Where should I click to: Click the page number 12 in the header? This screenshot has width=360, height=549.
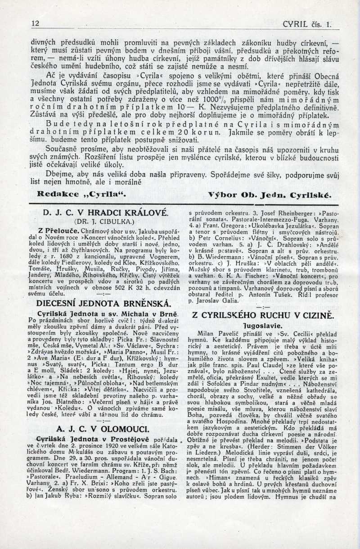(x=36, y=23)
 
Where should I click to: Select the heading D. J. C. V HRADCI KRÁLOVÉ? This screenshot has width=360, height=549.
(x=104, y=212)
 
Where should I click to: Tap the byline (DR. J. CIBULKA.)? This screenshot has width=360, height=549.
(x=104, y=221)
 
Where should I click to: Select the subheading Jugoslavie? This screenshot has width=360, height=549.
(x=262, y=325)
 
